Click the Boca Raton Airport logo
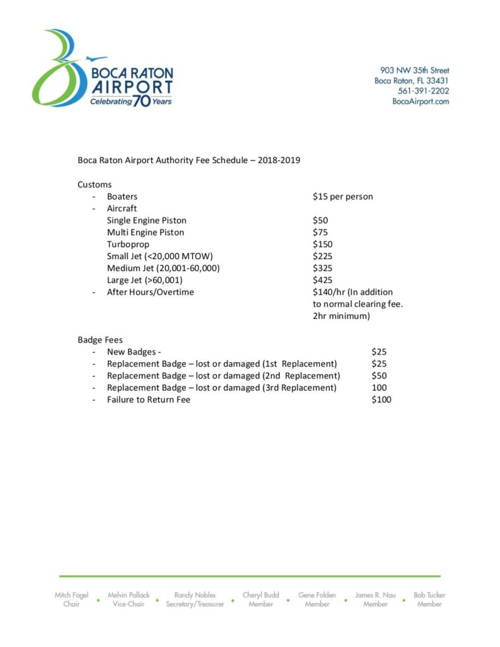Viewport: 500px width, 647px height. click(102, 68)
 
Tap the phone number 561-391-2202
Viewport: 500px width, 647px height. click(424, 91)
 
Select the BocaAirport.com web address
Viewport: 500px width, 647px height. click(420, 102)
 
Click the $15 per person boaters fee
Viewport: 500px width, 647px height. click(343, 197)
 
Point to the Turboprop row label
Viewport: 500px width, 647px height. click(128, 245)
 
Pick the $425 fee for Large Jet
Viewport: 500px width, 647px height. click(322, 280)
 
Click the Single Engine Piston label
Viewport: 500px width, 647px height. click(147, 221)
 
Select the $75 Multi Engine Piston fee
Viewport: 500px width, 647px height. click(320, 233)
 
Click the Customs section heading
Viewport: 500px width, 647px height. click(95, 184)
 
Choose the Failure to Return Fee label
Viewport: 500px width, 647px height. click(149, 399)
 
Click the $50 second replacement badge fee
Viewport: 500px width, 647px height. click(379, 375)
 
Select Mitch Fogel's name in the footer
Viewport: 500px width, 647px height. click(71, 595)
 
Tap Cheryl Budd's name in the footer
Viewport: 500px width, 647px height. click(261, 595)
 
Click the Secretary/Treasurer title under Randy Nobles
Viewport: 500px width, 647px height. click(195, 605)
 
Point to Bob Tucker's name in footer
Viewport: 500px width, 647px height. click(429, 595)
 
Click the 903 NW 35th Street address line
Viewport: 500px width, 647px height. click(415, 70)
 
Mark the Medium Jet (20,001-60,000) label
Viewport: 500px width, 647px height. click(164, 268)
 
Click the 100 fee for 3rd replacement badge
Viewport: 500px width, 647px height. click(379, 387)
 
